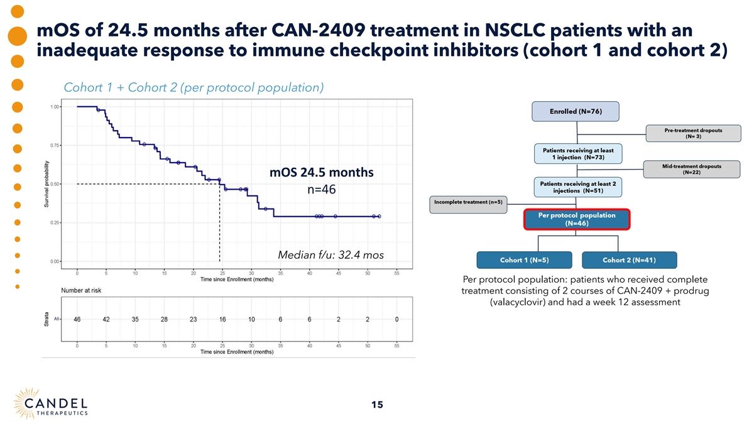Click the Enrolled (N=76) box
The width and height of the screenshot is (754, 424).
[576, 111]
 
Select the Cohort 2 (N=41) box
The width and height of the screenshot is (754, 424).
[629, 259]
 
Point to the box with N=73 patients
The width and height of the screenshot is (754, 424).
[578, 153]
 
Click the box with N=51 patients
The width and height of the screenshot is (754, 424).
[578, 186]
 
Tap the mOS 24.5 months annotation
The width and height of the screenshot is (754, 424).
[321, 172]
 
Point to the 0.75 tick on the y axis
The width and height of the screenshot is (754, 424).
[55, 145]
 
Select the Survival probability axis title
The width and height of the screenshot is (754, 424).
[46, 185]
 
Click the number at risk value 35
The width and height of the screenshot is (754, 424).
[135, 319]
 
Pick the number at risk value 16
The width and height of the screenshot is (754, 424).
[222, 319]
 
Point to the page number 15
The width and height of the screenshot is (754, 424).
[377, 405]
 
